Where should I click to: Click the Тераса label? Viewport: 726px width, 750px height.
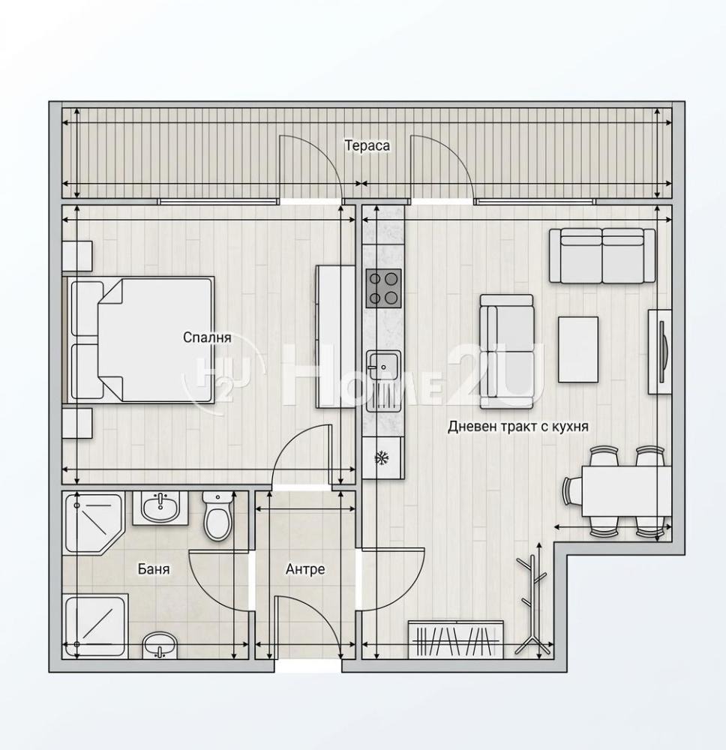pos(367,145)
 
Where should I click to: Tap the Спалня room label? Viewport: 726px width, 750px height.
pos(207,337)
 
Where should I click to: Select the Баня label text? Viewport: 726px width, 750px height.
pos(154,568)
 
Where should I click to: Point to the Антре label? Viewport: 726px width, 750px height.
pos(305,568)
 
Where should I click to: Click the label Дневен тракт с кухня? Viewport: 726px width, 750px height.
pos(518,426)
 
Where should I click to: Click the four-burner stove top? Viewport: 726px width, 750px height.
pos(383,288)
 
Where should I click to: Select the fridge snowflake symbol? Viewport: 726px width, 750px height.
pos(381,458)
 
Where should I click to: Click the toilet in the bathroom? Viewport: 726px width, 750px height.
pos(217,517)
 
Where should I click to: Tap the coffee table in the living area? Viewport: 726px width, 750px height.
pos(578,349)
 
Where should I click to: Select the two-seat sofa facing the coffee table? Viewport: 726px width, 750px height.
pos(506,352)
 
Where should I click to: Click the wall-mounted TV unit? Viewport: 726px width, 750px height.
pos(660,352)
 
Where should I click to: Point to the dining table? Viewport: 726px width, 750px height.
pos(626,491)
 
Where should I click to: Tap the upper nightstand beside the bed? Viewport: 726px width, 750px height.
pos(77,256)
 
